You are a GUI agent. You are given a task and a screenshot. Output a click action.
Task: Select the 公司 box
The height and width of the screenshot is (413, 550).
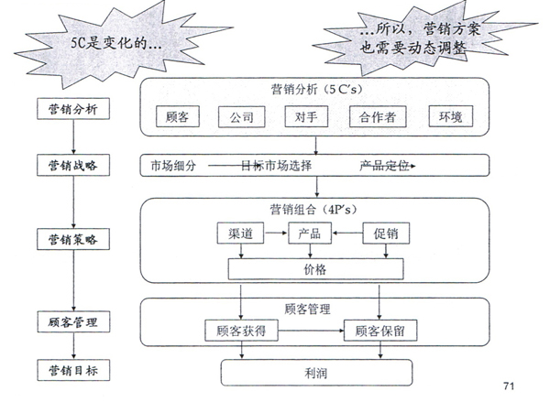pos(242,117)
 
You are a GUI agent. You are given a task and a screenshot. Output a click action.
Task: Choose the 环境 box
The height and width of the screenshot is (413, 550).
pos(450,117)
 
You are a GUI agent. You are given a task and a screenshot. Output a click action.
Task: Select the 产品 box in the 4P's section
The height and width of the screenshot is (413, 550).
pos(309,234)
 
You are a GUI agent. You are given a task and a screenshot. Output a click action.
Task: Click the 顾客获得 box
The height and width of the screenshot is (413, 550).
pos(240,331)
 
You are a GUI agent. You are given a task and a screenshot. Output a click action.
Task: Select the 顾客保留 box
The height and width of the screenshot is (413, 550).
pos(380,331)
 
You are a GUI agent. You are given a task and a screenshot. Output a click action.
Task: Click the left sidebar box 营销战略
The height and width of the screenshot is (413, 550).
pos(72,165)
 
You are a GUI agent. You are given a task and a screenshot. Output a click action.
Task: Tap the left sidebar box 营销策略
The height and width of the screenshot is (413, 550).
pos(72,239)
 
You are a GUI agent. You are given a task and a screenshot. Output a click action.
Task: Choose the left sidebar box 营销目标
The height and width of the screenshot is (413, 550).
pos(72,370)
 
